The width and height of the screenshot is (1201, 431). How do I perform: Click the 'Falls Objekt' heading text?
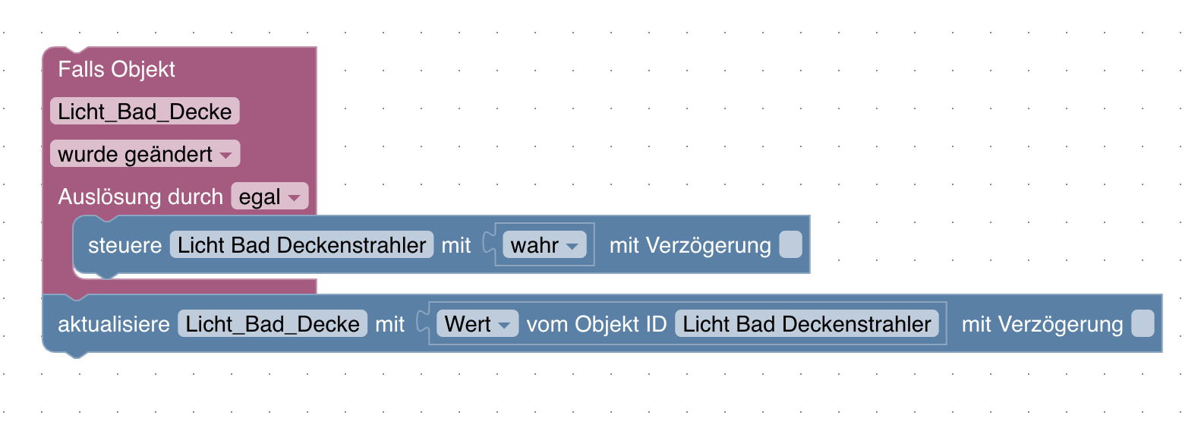point(116,69)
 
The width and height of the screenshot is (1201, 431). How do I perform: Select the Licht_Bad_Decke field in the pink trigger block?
point(144,112)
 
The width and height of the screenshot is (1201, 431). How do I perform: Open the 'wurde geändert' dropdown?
point(144,154)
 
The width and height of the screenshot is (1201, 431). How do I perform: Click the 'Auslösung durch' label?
point(140,197)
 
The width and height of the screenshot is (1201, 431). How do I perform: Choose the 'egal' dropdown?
point(269,197)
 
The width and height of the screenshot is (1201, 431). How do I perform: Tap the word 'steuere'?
point(125,245)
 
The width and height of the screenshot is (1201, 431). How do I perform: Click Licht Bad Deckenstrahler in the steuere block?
point(301,245)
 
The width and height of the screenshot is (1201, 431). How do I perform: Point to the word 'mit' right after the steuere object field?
point(455,245)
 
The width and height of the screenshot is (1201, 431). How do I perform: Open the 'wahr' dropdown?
point(544,245)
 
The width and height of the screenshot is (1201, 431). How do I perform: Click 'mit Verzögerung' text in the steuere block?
point(689,245)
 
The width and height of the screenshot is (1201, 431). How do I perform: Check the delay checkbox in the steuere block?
point(790,245)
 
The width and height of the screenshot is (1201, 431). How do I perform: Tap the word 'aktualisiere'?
point(114,324)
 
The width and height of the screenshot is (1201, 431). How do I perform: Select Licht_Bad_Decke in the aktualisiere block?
point(273,324)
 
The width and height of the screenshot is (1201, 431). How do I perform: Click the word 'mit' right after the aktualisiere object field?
point(389,324)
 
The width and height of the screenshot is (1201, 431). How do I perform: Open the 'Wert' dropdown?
point(477,324)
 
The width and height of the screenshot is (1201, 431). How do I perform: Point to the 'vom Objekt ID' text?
point(596,324)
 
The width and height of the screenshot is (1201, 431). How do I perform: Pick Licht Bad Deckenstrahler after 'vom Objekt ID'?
point(806,324)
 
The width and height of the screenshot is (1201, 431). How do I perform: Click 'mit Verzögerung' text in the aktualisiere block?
point(1042,324)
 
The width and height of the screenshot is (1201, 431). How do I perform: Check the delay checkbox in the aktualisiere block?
point(1143,324)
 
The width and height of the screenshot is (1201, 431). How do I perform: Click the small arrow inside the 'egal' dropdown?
point(294,198)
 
